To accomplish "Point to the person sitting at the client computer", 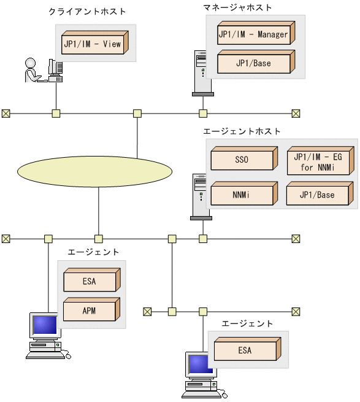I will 31,70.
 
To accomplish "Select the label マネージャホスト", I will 238,7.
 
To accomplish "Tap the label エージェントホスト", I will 242,131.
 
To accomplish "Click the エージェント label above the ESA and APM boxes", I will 93,252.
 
